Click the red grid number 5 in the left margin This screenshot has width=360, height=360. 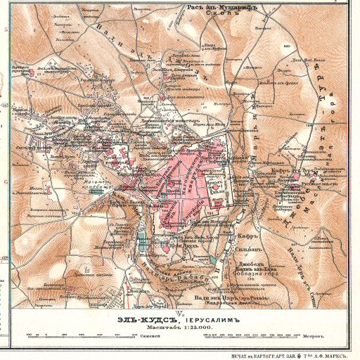coord(6,30)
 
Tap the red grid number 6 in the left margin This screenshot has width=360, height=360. coord(6,181)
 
